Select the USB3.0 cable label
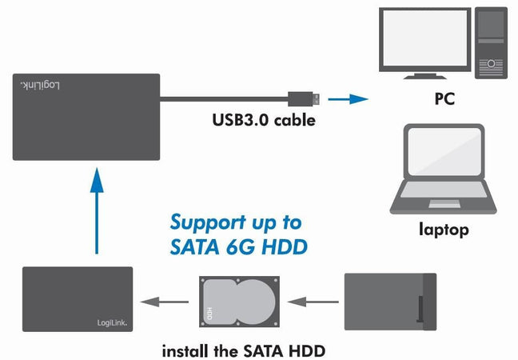point(264,122)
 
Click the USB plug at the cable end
point(303,98)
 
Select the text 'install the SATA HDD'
point(243,350)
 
